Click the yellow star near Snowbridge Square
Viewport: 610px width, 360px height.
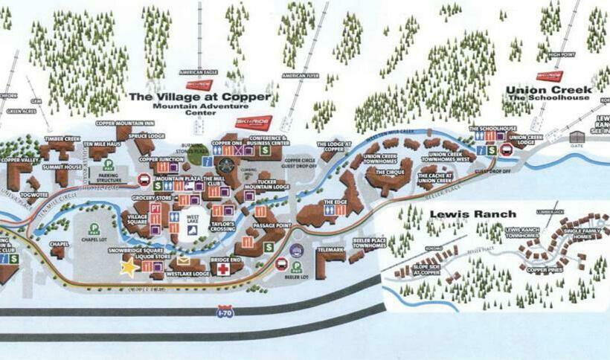tap(129, 266)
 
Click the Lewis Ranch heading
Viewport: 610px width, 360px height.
tap(472, 214)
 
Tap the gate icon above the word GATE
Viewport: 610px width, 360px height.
tap(577, 136)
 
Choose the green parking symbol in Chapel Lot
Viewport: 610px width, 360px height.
tap(94, 228)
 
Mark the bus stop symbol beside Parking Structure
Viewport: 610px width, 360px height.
tap(143, 179)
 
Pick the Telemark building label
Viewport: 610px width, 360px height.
tap(330, 251)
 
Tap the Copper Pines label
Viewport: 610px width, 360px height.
tap(544, 270)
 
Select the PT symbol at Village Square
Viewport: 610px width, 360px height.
tap(155, 209)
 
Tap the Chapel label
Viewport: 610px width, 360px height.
tap(59, 243)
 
